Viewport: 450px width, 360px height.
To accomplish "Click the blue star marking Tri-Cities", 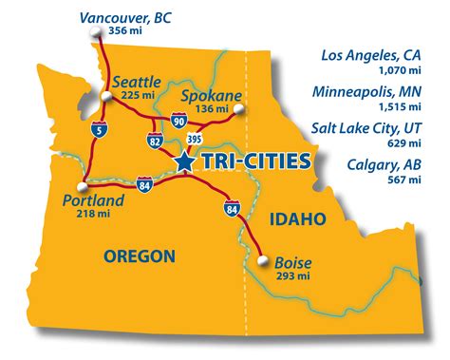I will tap(184, 163).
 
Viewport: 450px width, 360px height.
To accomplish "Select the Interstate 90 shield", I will tap(180, 119).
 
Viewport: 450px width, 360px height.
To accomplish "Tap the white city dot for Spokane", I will tap(238, 110).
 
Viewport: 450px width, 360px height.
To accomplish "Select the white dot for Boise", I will tap(261, 256).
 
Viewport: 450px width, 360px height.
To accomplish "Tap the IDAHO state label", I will tap(297, 219).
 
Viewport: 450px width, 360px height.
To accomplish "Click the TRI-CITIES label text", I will tap(253, 163).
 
